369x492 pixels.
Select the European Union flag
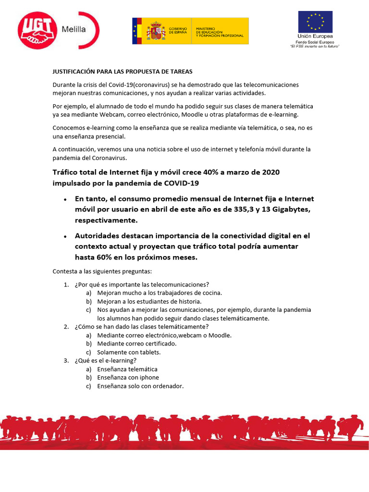point(315,22)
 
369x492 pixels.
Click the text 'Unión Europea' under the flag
point(315,37)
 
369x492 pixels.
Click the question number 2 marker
point(66,327)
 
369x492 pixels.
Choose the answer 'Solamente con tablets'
point(129,352)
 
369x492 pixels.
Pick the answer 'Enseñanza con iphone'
point(128,378)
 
